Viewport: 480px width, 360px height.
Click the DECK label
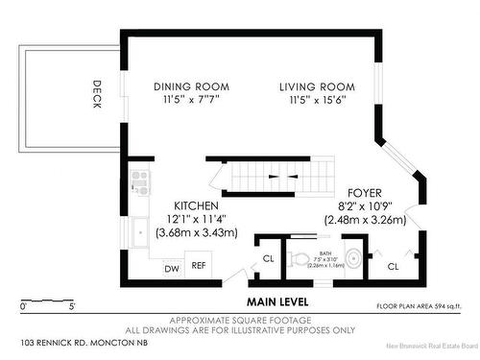97,93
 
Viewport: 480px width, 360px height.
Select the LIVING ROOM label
317,86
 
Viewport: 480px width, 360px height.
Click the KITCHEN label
196,206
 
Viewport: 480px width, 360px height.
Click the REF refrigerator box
200,266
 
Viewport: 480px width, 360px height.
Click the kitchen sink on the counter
139,230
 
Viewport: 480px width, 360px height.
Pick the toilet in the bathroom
299,257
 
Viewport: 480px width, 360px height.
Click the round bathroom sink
352,257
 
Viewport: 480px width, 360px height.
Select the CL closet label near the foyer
393,266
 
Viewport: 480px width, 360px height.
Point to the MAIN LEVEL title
276,285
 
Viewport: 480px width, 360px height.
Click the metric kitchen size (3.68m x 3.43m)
196,233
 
